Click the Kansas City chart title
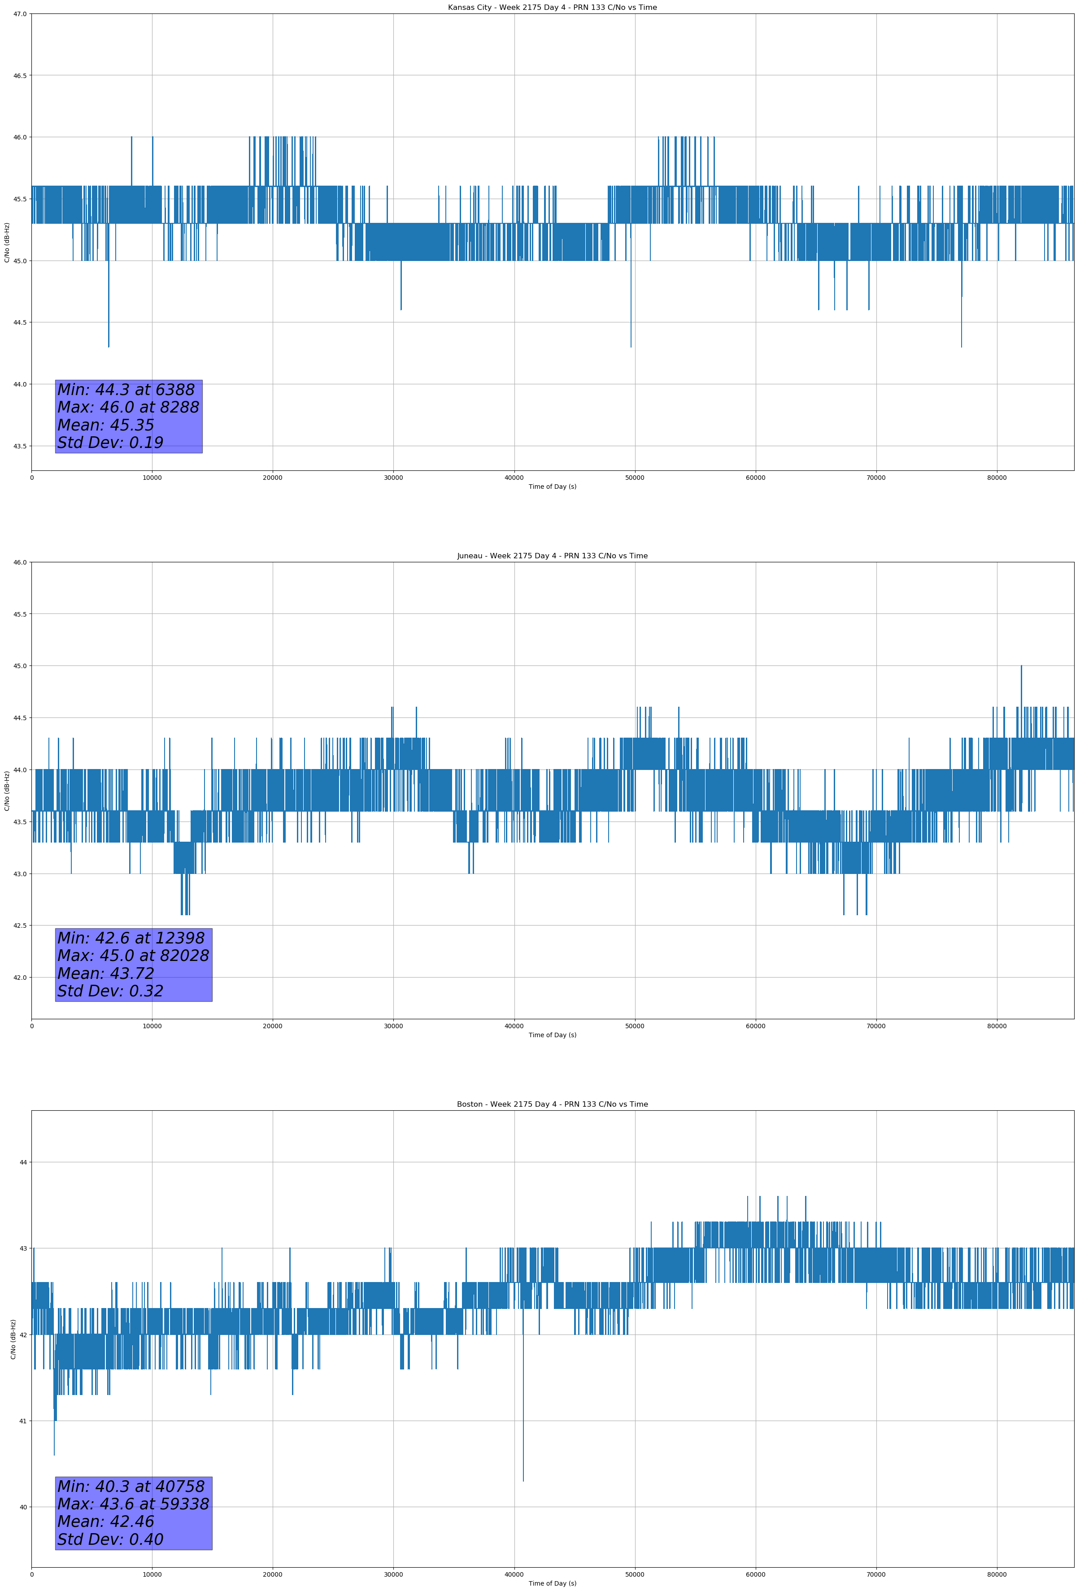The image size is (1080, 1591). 552,8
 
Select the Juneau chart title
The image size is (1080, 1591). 552,556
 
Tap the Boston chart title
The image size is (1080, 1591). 552,1104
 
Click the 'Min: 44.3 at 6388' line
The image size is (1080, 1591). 126,390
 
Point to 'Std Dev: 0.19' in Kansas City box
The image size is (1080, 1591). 110,443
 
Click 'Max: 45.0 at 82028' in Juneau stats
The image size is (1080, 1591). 133,956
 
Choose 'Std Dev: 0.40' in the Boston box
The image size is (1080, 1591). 110,1539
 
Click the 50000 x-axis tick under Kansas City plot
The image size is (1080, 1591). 635,478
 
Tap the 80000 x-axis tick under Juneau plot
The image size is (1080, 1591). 997,1026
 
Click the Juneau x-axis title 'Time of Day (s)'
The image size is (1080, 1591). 552,1035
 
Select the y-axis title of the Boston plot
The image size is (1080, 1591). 13,1339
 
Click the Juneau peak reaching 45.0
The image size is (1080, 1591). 1021,667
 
